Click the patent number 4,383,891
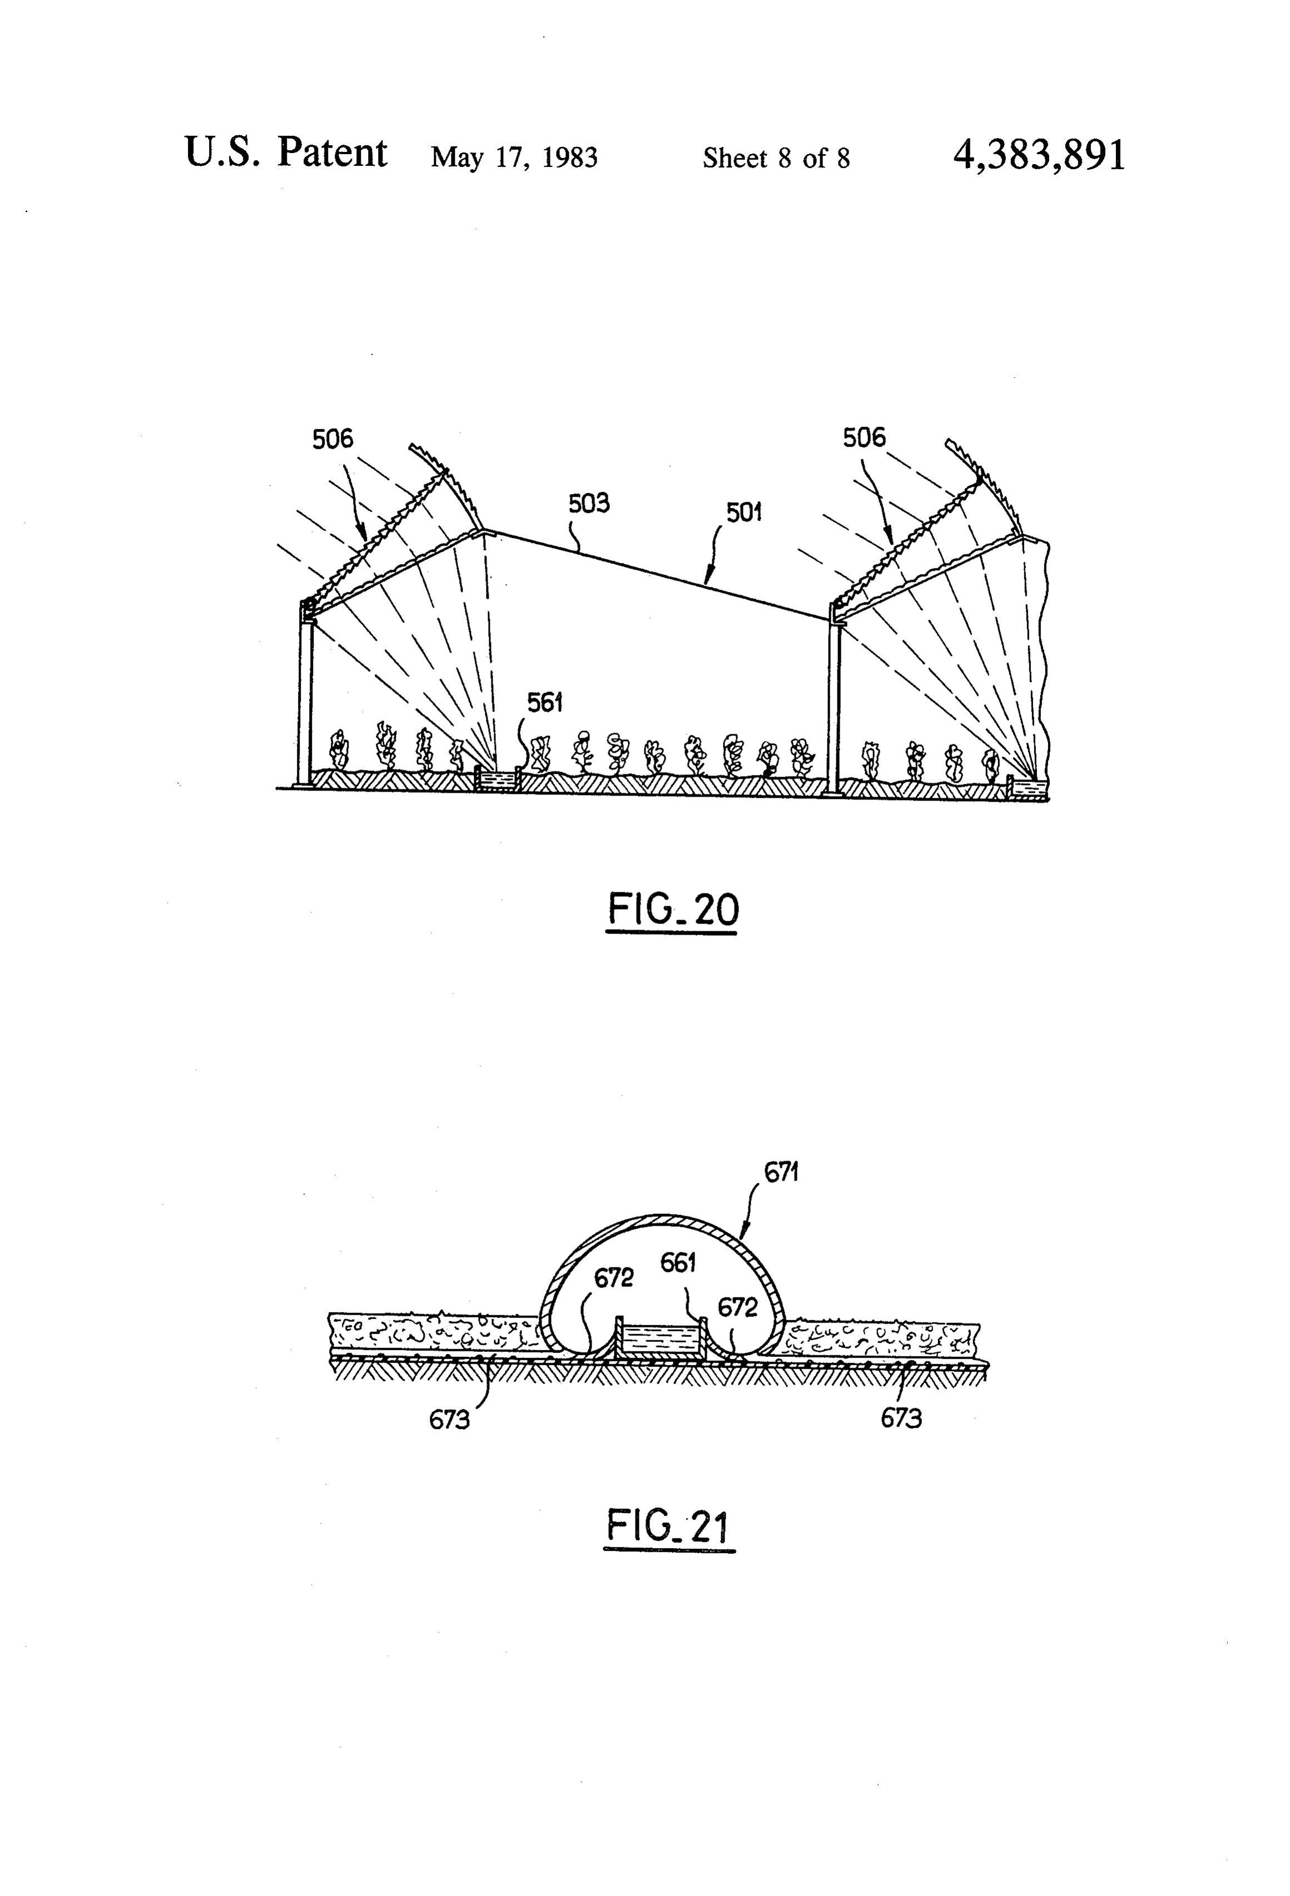(1039, 154)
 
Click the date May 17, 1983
(514, 157)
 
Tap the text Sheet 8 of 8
(776, 157)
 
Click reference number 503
(589, 503)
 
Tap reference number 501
(743, 512)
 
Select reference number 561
(545, 703)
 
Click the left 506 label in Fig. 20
(333, 439)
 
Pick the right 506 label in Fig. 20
(864, 437)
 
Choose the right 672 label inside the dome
(737, 1308)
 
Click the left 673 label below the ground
(449, 1420)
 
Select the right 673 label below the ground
(901, 1419)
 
